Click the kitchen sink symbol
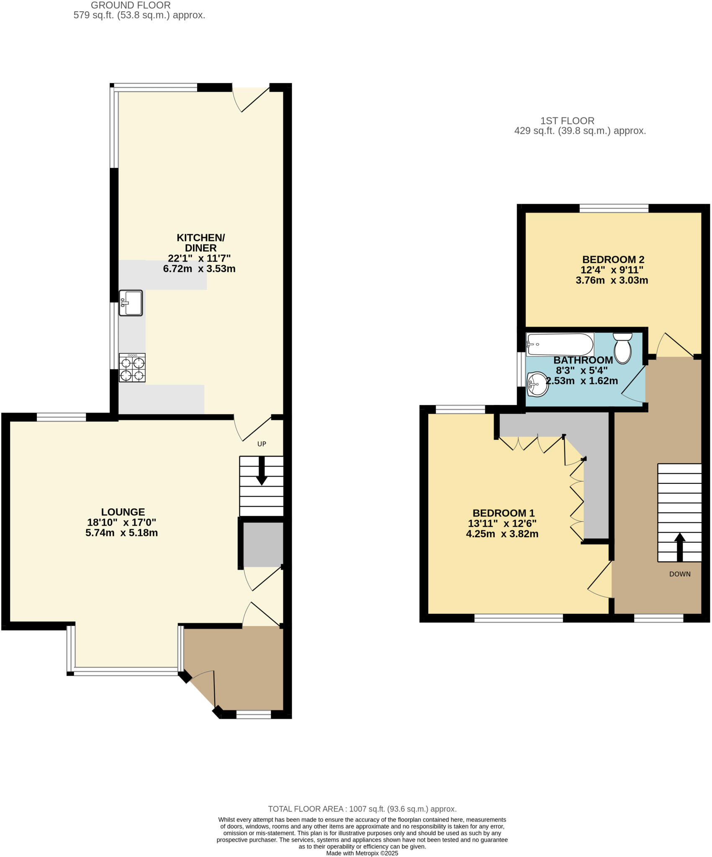pyautogui.click(x=131, y=303)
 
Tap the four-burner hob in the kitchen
pyautogui.click(x=132, y=368)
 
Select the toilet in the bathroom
pyautogui.click(x=622, y=348)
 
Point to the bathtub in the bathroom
pyautogui.click(x=560, y=344)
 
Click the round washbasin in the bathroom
pyautogui.click(x=537, y=384)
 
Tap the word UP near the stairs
pyautogui.click(x=262, y=444)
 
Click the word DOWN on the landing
pyautogui.click(x=679, y=574)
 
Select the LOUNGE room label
pyautogui.click(x=123, y=512)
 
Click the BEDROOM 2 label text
pyautogui.click(x=613, y=259)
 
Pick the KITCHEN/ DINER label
pyautogui.click(x=200, y=243)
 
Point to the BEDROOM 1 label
pyautogui.click(x=503, y=513)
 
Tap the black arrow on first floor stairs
pyautogui.click(x=679, y=547)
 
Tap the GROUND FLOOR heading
pyautogui.click(x=131, y=5)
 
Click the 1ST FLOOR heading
pyautogui.click(x=567, y=121)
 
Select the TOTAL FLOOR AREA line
pyautogui.click(x=362, y=809)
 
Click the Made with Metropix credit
pyautogui.click(x=362, y=853)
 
